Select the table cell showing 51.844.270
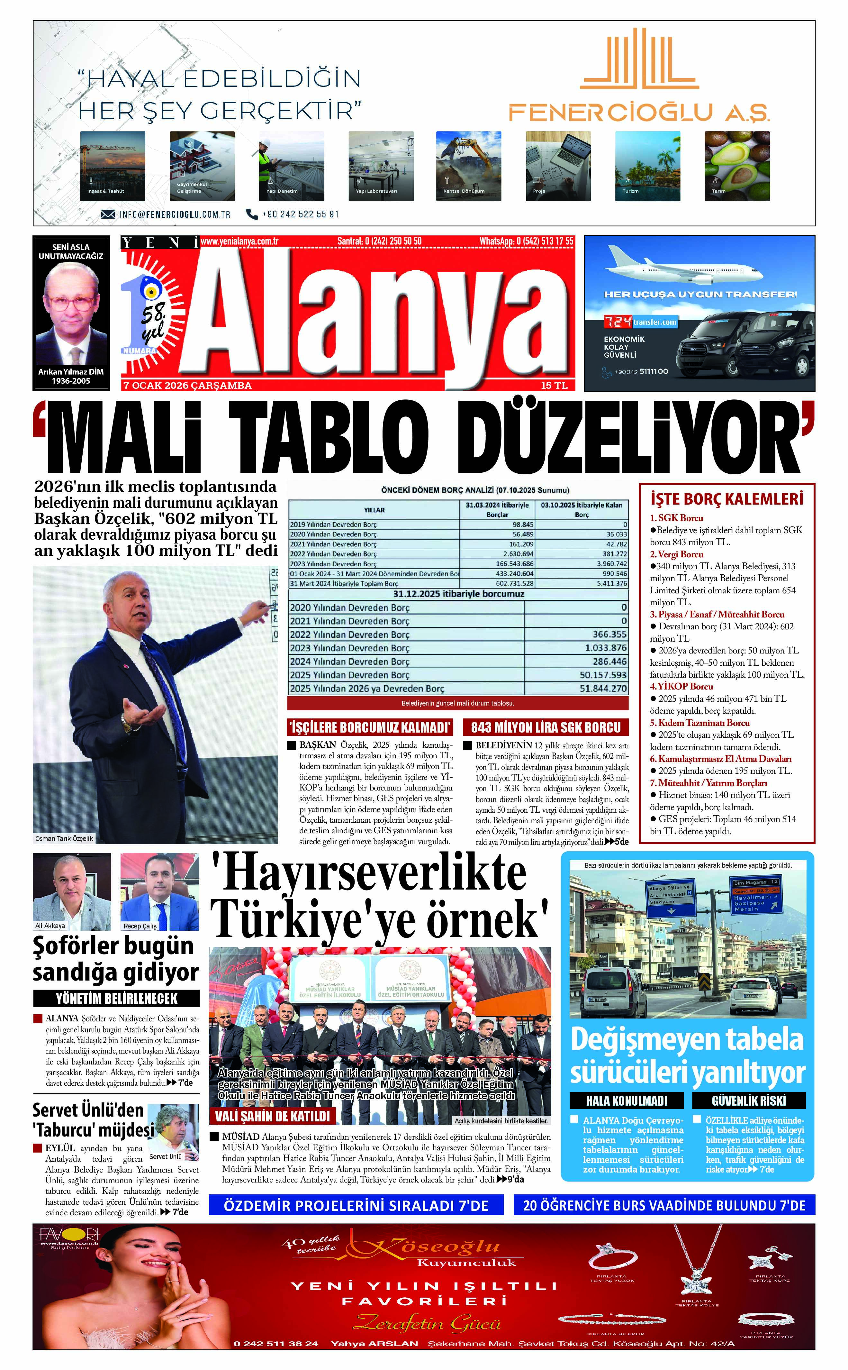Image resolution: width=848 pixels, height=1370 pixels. [602, 688]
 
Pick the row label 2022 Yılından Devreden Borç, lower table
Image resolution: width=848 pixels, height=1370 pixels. [349, 635]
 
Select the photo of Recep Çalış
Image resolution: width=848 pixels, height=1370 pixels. [159, 891]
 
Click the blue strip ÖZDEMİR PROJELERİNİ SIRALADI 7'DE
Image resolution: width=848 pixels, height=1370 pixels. [356, 1205]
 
